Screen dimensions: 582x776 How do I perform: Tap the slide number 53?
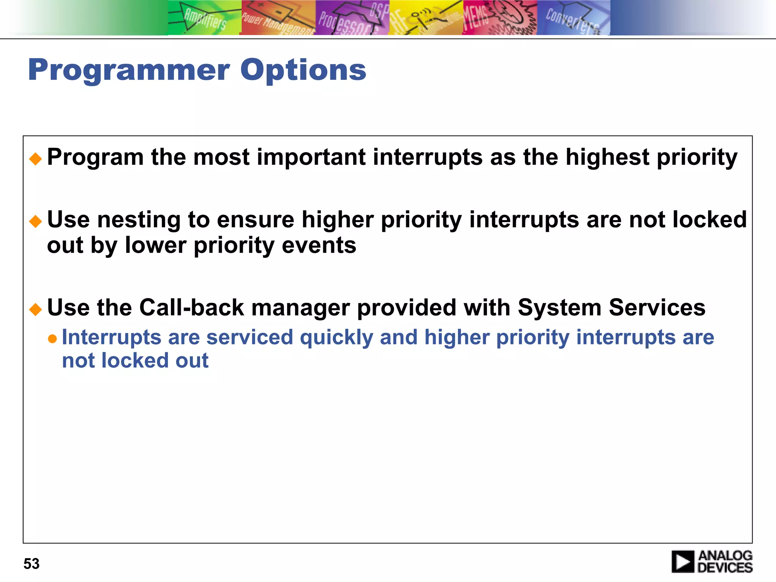tap(31, 564)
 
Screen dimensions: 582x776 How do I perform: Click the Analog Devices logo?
tap(712, 561)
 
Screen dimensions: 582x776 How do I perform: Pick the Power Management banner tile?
tap(278, 18)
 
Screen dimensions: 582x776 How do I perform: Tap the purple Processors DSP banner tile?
tap(352, 18)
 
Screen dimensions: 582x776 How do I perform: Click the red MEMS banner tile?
tap(499, 18)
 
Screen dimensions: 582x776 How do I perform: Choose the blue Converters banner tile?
tap(573, 18)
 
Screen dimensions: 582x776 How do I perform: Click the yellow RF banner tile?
tap(426, 18)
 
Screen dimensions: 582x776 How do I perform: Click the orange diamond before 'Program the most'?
tap(36, 159)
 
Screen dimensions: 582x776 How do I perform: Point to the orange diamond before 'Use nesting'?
tap(36, 221)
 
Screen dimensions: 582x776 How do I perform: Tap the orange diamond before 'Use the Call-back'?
tap(36, 309)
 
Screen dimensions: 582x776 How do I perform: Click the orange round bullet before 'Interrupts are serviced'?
tap(52, 338)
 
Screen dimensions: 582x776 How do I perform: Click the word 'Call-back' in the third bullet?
tap(191, 307)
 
